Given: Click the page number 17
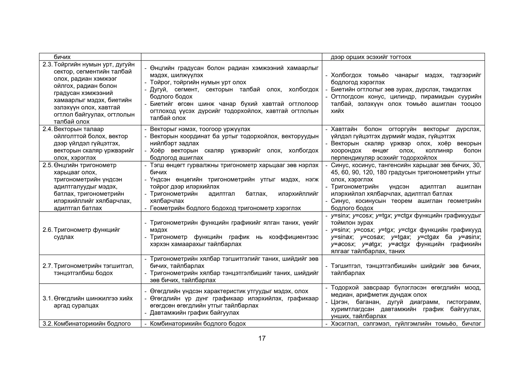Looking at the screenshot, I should point(262,338).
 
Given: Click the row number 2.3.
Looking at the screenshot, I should point(48,64).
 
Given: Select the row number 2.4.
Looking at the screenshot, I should point(48,129).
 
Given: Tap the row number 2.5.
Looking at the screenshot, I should point(48,165).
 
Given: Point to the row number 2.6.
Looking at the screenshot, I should point(48,230).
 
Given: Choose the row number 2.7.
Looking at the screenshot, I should point(48,266).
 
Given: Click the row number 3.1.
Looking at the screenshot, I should point(48,298).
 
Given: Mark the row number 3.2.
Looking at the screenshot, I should point(48,324).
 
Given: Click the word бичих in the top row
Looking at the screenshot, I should point(62,57).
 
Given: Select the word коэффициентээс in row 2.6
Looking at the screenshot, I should point(293,237).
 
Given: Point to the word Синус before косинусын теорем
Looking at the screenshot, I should point(340,201).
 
